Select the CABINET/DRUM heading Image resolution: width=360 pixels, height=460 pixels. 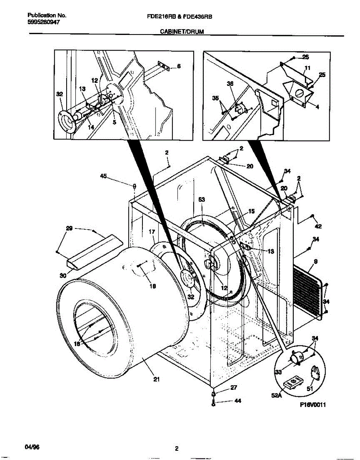pyautogui.click(x=181, y=33)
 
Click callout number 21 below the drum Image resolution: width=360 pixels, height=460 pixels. pyautogui.click(x=156, y=379)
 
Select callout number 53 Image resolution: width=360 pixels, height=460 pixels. pyautogui.click(x=202, y=199)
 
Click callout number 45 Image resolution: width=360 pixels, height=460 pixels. pyautogui.click(x=103, y=176)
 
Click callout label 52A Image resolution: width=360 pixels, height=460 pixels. pyautogui.click(x=277, y=396)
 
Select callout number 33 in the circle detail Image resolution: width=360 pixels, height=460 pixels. pyautogui.click(x=278, y=371)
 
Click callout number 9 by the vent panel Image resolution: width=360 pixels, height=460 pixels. pyautogui.click(x=316, y=262)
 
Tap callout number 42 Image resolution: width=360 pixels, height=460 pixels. pyautogui.click(x=318, y=226)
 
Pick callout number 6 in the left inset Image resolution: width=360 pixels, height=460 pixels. pyautogui.click(x=179, y=66)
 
